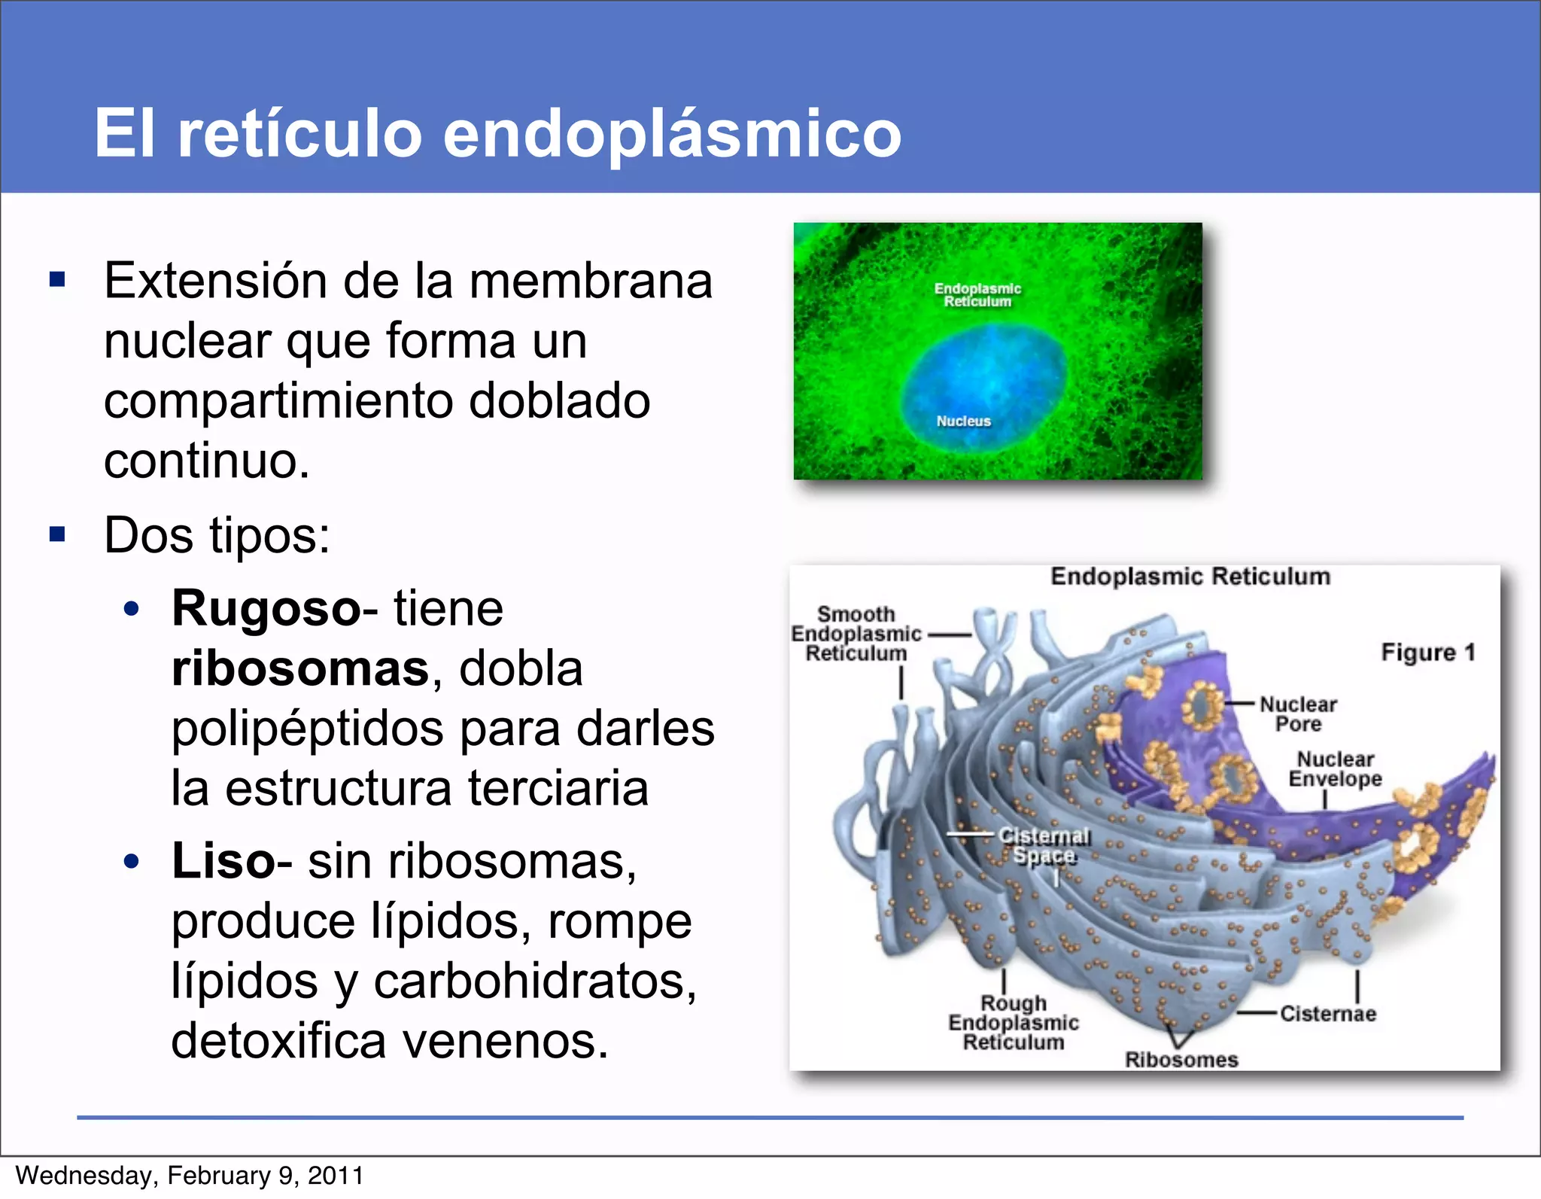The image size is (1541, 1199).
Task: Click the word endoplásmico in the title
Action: point(671,134)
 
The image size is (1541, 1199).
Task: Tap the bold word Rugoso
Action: point(266,608)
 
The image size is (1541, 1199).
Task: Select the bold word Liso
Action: point(223,861)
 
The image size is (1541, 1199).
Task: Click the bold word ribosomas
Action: point(299,668)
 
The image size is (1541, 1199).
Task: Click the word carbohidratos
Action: point(534,981)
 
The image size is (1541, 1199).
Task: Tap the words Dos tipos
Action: point(217,536)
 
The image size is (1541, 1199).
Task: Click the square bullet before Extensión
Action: point(57,281)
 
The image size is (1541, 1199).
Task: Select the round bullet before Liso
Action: point(132,862)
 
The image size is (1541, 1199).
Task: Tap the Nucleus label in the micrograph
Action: point(963,421)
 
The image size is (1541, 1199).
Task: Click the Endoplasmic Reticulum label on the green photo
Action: point(977,295)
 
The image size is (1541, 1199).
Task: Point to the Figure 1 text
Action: point(1427,652)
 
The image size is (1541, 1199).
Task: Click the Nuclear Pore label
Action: point(1298,714)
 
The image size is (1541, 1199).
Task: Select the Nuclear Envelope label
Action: point(1335,768)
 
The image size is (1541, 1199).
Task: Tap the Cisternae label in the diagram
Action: point(1328,1014)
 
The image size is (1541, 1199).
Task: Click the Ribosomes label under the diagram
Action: point(1181,1060)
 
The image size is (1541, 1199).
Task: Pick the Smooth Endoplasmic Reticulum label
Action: point(856,634)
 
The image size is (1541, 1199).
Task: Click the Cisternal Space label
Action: point(1044,846)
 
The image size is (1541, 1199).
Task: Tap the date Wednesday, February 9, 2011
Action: point(190,1176)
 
